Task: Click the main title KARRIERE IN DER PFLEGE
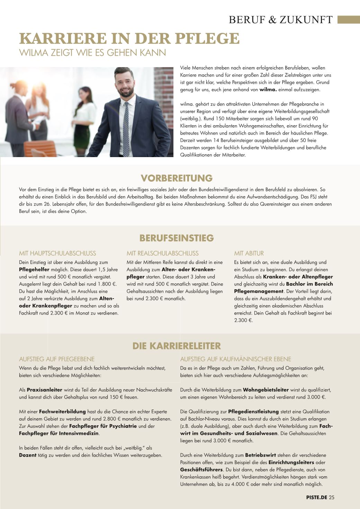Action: [129, 38]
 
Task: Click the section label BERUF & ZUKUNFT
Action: [280, 20]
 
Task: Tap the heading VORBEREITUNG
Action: [177, 178]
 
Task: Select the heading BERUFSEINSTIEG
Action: [177, 238]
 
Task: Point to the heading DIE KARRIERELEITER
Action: [177, 346]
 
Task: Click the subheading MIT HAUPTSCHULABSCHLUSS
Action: [57, 253]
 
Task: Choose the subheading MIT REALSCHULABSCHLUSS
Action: [162, 253]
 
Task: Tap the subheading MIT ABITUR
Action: [249, 253]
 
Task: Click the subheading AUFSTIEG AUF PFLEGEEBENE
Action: [57, 359]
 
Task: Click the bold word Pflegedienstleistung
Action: [253, 412]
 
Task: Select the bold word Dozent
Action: [28, 455]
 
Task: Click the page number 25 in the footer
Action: [332, 498]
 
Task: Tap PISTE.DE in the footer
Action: [316, 498]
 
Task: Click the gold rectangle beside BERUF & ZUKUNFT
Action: [349, 19]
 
